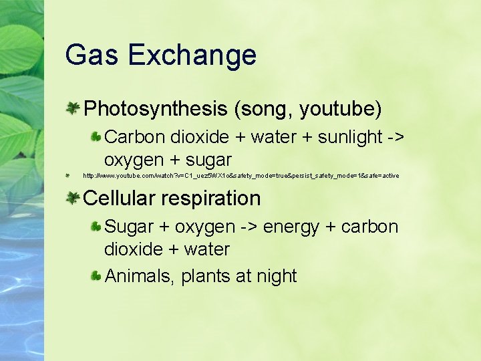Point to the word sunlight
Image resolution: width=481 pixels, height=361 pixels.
[350, 137]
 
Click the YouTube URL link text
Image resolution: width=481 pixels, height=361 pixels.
[240, 176]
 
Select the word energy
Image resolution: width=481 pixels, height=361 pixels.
[291, 227]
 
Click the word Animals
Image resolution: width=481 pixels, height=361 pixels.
[140, 275]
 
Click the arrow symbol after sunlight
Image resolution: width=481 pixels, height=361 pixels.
[395, 137]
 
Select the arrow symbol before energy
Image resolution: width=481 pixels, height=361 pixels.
[250, 227]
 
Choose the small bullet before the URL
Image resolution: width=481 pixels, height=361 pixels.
[68, 176]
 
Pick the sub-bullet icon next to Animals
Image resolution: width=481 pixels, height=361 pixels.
[96, 275]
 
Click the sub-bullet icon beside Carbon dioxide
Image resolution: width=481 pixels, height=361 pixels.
[96, 136]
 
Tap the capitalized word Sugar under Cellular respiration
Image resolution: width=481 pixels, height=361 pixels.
[130, 227]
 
